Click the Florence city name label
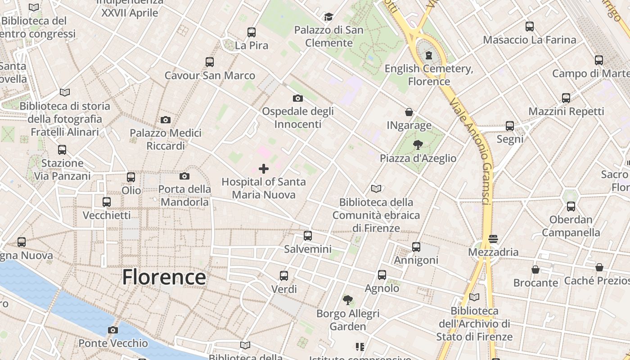tap(164, 277)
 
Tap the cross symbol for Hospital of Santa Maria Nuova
tap(264, 169)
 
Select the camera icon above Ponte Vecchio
tap(113, 330)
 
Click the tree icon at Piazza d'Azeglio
tap(418, 144)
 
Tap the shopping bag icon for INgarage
tap(409, 112)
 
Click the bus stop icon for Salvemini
tap(308, 235)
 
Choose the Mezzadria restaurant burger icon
tap(493, 238)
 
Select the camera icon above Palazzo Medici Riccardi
tap(166, 120)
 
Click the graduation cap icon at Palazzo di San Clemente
tap(328, 17)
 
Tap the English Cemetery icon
tap(428, 55)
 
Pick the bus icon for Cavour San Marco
tap(210, 62)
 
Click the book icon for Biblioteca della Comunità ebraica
tap(376, 189)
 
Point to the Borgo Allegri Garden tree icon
tap(347, 300)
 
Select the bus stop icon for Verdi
tap(284, 275)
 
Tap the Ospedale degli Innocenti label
tap(297, 117)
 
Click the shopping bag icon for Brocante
tap(535, 270)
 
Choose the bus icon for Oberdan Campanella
tap(571, 207)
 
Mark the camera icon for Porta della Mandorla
tap(184, 176)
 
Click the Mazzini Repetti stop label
tap(566, 111)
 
